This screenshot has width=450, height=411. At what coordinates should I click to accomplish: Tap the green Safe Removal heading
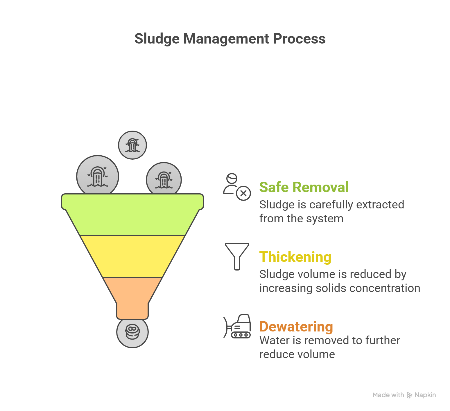click(x=304, y=187)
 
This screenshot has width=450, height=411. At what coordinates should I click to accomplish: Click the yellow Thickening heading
click(x=295, y=257)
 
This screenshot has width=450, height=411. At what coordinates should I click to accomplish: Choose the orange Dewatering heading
click(x=296, y=327)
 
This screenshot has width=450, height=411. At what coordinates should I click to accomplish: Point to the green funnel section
click(x=132, y=214)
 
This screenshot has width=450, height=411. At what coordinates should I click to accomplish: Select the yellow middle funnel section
click(x=132, y=257)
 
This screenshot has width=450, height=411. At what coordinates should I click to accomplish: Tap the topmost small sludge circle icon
click(x=132, y=145)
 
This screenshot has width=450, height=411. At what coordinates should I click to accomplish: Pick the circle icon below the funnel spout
click(x=132, y=332)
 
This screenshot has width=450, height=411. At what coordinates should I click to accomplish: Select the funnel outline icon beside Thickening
click(x=237, y=257)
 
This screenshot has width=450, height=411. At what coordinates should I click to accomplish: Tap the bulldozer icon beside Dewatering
click(x=237, y=326)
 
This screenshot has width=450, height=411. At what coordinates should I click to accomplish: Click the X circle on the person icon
click(x=244, y=193)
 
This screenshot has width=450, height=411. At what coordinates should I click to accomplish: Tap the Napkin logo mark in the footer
click(x=410, y=395)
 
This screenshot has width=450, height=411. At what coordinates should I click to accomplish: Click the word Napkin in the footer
click(x=425, y=395)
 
